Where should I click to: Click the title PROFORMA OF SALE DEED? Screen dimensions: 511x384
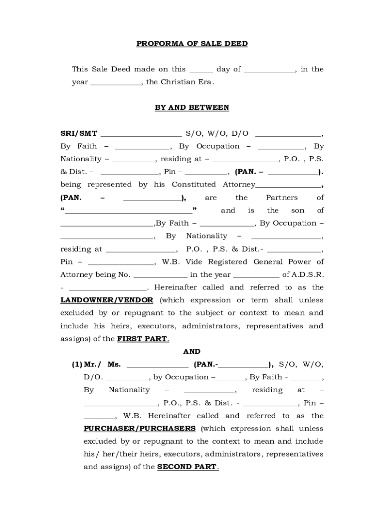click(x=192, y=44)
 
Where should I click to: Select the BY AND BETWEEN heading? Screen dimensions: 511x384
click(x=192, y=107)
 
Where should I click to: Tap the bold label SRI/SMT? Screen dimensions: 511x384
click(x=79, y=134)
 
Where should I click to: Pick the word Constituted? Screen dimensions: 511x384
click(x=192, y=185)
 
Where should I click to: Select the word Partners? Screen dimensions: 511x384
click(x=281, y=198)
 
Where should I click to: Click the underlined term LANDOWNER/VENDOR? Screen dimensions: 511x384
click(x=108, y=300)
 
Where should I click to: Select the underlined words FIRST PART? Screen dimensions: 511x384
click(x=143, y=339)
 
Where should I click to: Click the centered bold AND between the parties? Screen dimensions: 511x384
click(x=192, y=352)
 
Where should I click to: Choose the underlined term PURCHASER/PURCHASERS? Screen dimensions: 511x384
click(x=140, y=429)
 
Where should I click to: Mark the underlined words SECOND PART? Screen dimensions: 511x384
click(x=187, y=467)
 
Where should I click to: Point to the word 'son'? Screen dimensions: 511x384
click(x=294, y=211)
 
